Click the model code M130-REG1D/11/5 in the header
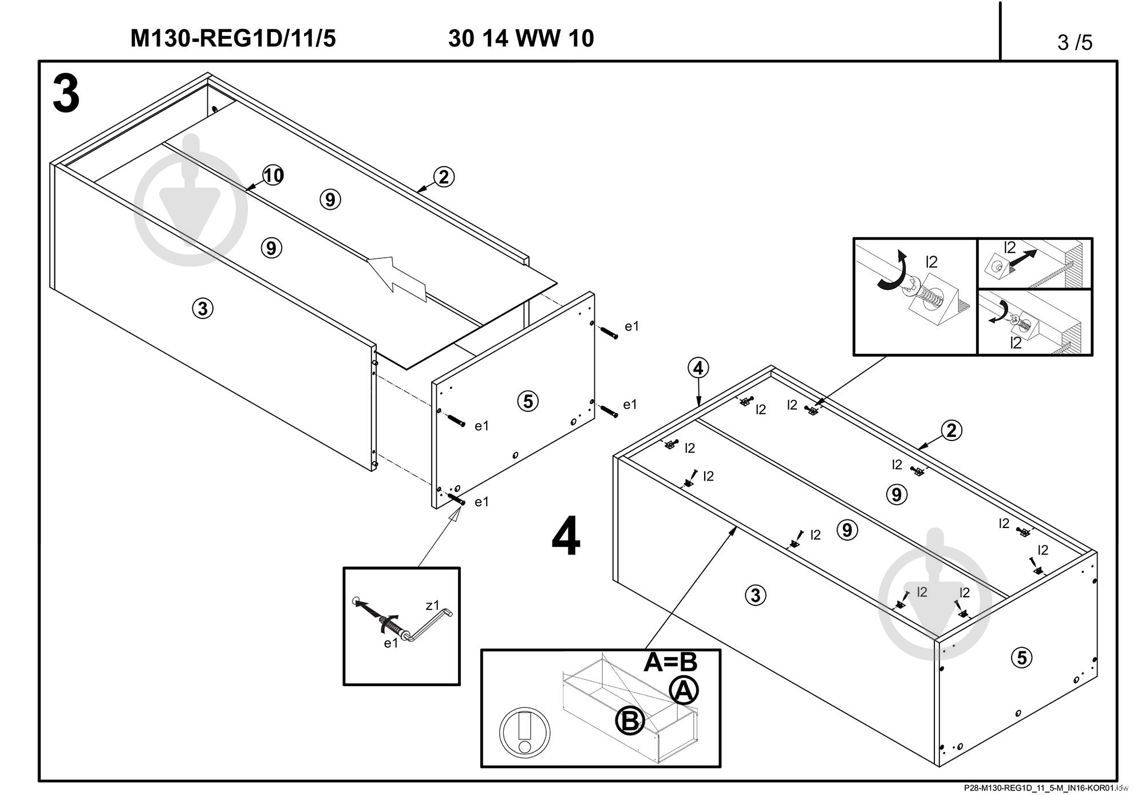[x=233, y=39]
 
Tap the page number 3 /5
[x=1075, y=42]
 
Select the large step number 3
[x=66, y=95]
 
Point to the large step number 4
[x=566, y=537]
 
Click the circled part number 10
[x=274, y=175]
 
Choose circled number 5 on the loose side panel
[x=528, y=401]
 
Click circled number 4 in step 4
[x=698, y=368]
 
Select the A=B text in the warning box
[x=670, y=662]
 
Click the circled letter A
[x=684, y=691]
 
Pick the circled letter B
[x=630, y=721]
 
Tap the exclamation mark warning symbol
[x=524, y=733]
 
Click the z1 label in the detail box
[x=432, y=605]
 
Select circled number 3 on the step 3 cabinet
[x=202, y=309]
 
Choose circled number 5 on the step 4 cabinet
[x=1022, y=658]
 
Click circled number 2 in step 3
[x=444, y=177]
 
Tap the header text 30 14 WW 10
[x=521, y=39]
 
